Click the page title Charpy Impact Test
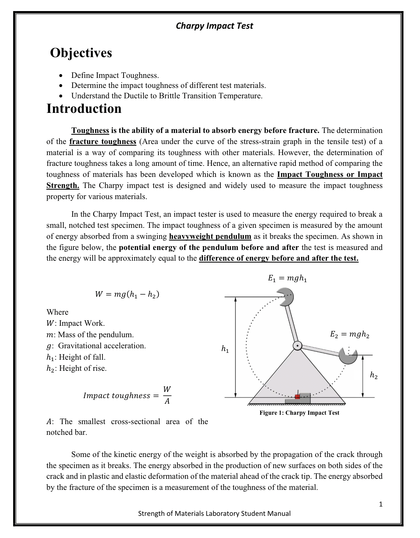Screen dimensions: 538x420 214,26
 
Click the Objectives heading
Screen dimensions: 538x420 81,53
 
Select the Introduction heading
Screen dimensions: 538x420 84,109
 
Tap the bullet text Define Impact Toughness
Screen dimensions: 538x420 115,75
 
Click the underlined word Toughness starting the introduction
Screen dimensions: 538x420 90,131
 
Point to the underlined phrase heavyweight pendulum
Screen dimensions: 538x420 210,236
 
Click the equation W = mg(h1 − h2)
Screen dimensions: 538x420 127,294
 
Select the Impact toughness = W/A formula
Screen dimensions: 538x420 127,395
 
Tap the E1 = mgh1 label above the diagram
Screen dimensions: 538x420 287,278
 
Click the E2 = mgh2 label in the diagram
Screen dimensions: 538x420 349,334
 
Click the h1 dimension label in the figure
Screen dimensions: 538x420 225,349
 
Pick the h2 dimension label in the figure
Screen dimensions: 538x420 374,375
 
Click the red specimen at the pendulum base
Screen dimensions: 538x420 297,397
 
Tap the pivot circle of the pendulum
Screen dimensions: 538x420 297,346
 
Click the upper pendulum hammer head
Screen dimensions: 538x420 286,296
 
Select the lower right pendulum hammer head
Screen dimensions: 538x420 347,355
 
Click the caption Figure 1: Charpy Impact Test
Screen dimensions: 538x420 299,413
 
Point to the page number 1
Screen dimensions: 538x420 381,504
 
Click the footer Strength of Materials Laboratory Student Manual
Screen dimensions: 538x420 214,513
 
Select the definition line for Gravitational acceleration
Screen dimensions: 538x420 96,346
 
